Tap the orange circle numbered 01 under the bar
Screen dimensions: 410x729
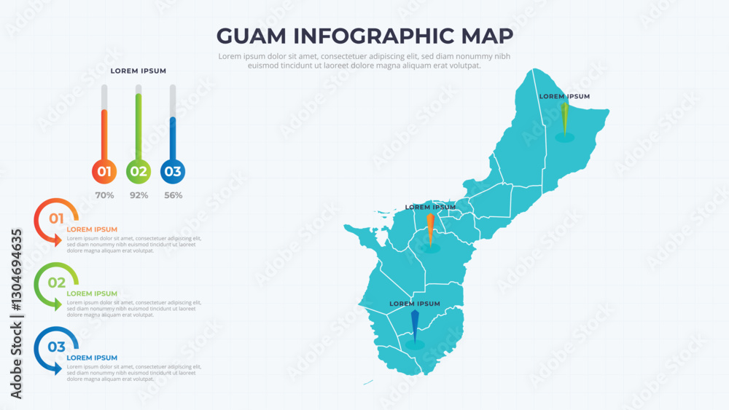(x=104, y=172)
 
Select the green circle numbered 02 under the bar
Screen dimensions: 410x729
(x=139, y=172)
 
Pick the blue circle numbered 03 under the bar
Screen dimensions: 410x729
(x=173, y=172)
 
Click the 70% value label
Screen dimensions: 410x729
(x=104, y=195)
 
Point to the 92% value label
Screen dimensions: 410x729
(x=139, y=195)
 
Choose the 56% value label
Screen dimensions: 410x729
(x=173, y=195)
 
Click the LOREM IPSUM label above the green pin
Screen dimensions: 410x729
(x=564, y=96)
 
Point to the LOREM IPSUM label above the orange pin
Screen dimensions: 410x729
(x=430, y=207)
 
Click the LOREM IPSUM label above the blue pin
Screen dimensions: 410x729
(x=415, y=303)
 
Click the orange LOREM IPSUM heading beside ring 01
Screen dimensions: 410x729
(x=92, y=229)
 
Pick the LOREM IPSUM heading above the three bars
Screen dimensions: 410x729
(x=139, y=71)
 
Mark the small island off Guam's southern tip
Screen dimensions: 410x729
(x=368, y=382)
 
